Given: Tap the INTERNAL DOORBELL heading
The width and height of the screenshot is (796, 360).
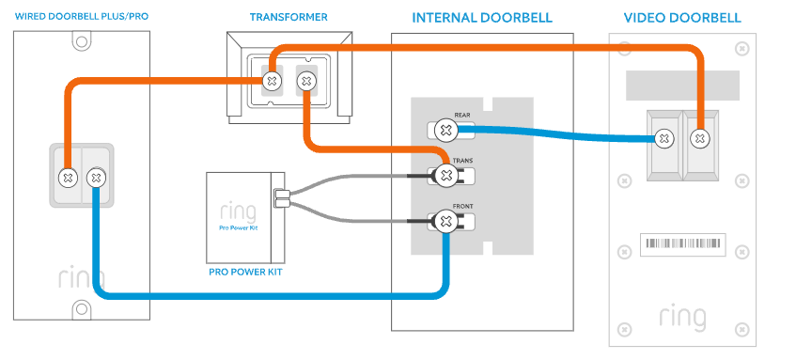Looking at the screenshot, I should click(x=481, y=18).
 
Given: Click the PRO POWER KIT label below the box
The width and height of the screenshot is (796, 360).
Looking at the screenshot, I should click(x=244, y=273).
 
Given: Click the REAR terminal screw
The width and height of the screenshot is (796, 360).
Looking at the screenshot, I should click(x=445, y=130).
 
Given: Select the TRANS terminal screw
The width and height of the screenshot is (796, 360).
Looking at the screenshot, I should click(x=445, y=175).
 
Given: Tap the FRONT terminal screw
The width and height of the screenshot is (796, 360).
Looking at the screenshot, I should click(x=445, y=222).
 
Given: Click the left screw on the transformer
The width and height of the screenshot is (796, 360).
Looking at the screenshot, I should click(x=273, y=82).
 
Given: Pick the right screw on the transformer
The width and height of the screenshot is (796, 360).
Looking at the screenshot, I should click(x=305, y=82).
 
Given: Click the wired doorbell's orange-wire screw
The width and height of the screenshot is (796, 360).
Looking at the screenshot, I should click(x=68, y=176).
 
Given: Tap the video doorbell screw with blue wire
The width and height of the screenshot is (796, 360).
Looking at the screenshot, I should click(x=664, y=139).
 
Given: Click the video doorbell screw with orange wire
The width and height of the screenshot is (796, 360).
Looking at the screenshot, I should click(x=699, y=139).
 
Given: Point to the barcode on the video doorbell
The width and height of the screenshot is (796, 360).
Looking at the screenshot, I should click(x=683, y=246).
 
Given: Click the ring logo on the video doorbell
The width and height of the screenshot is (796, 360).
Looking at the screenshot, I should click(x=682, y=317).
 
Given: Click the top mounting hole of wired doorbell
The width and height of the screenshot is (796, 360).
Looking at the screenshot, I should click(x=82, y=42).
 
